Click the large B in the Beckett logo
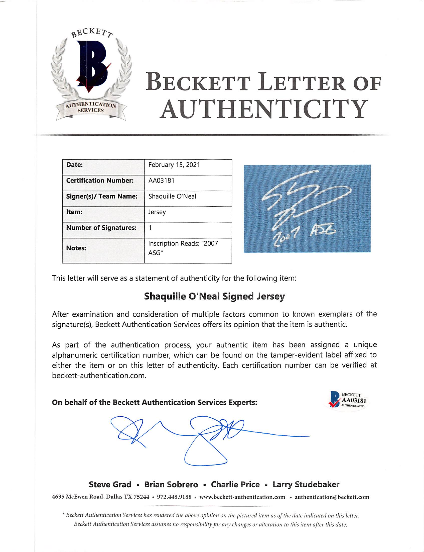point(92,66)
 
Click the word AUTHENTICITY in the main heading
point(263,109)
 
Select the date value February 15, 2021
point(174,165)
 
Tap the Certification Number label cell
point(100,181)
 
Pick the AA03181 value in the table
point(162,181)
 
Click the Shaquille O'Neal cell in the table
point(172,196)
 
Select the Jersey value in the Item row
point(157,212)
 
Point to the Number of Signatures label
point(101,228)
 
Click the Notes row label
point(76,248)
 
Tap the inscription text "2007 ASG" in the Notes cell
point(183,248)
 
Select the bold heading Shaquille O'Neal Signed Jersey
point(214,296)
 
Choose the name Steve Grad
point(110,485)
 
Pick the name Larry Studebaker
point(306,485)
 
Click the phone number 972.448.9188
point(174,497)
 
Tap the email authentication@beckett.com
point(332,497)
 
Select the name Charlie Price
point(235,485)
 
